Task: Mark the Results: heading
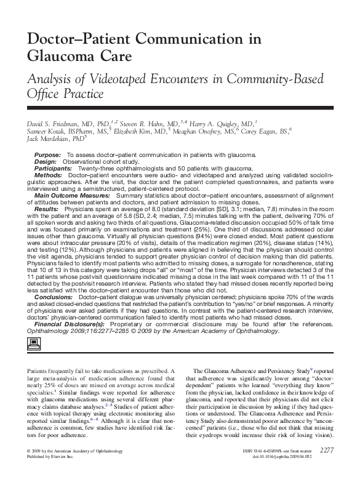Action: (47, 209)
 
